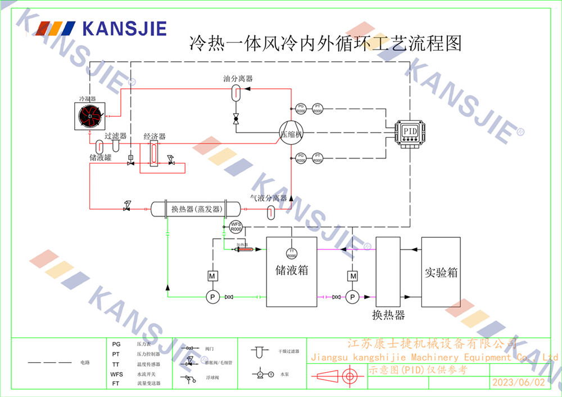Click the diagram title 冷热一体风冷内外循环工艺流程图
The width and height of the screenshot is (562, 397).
326,43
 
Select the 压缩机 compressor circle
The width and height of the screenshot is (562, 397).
292,134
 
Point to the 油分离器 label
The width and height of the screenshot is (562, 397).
238,79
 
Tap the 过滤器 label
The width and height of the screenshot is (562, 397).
115,136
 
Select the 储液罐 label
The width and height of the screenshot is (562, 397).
101,157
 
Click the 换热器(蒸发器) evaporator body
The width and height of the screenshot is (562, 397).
195,209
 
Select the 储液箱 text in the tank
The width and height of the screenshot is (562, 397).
291,270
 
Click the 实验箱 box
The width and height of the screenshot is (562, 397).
441,272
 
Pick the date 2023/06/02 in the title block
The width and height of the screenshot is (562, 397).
518,382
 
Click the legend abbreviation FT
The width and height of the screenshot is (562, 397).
116,383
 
